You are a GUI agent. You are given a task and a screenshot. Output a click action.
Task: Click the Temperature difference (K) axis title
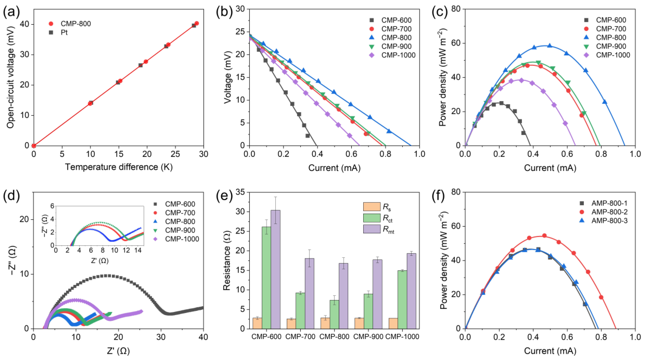(119, 167)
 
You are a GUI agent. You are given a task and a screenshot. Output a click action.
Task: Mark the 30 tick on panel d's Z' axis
(161, 337)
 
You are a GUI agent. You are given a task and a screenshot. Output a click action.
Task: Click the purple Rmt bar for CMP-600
(275, 269)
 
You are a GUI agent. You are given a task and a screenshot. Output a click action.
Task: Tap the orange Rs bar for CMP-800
(325, 323)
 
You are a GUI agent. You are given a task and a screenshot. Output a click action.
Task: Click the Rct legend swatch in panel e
(372, 218)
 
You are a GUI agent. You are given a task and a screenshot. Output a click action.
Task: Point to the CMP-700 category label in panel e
(300, 337)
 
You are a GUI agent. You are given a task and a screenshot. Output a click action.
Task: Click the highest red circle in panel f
(544, 236)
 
